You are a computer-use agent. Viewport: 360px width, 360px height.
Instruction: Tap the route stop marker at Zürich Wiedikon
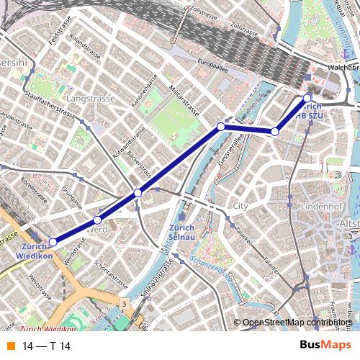point(53,243)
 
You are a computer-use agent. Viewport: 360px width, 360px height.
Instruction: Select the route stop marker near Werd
point(98,220)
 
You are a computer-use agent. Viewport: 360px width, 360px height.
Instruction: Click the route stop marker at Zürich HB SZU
point(307,97)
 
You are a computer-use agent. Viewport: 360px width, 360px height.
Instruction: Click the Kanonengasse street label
point(143,93)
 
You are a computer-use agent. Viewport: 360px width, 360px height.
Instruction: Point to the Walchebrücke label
point(343,67)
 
